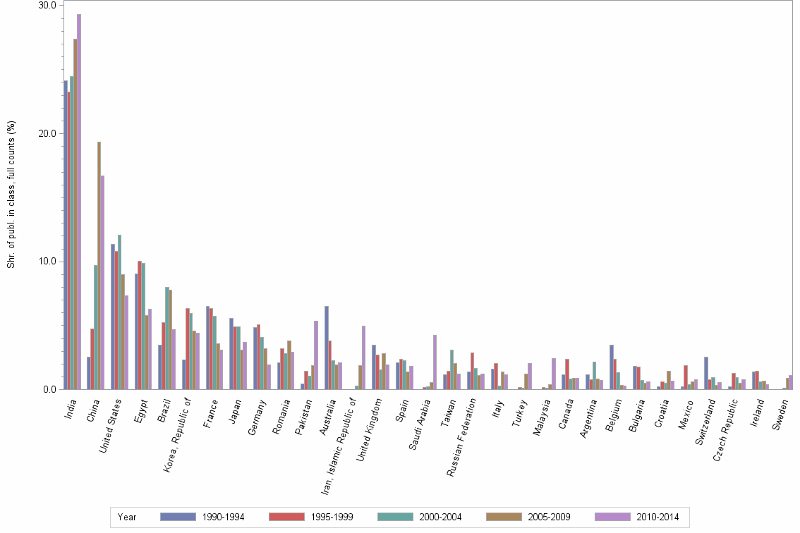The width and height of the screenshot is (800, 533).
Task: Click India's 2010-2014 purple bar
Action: tap(79, 202)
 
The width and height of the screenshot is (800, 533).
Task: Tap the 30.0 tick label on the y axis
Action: tap(47, 6)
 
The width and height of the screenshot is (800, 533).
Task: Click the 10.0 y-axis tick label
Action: tap(47, 262)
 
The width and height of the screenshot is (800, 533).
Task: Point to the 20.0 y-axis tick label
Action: tap(47, 134)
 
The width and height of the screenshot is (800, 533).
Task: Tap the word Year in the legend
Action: tap(128, 517)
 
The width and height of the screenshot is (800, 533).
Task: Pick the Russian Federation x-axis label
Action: tap(466, 437)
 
